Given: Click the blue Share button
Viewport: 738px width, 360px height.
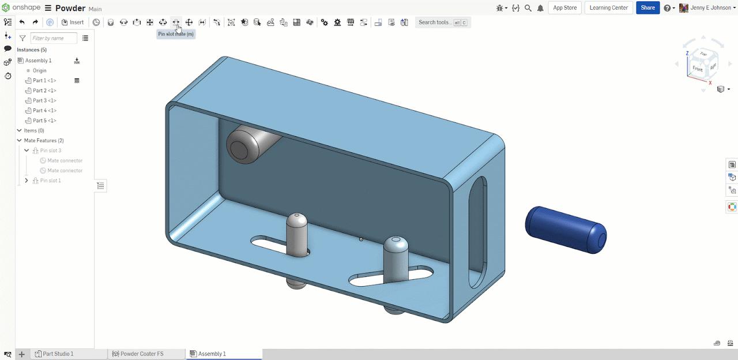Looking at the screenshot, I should pyautogui.click(x=647, y=8).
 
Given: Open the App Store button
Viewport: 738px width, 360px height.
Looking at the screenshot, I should pyautogui.click(x=564, y=8).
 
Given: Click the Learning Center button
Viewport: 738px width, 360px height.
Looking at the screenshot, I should pyautogui.click(x=609, y=8).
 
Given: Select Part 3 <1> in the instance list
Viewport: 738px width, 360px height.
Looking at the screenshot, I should pyautogui.click(x=44, y=100).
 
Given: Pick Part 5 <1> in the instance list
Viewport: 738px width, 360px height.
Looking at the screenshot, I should pyautogui.click(x=44, y=121).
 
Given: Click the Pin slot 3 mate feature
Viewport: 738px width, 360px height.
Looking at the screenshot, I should pyautogui.click(x=50, y=151).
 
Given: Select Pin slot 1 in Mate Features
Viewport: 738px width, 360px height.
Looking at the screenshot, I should pyautogui.click(x=50, y=181).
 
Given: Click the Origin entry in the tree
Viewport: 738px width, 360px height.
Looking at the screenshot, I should pyautogui.click(x=39, y=70).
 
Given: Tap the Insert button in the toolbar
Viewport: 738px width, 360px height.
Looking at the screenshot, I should pyautogui.click(x=73, y=22).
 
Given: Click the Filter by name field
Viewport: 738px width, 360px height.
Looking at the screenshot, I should pyautogui.click(x=54, y=38).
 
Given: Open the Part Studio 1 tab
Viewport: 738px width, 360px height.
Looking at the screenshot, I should pyautogui.click(x=58, y=354).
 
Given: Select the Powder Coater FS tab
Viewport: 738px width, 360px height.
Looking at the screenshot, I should pyautogui.click(x=141, y=354).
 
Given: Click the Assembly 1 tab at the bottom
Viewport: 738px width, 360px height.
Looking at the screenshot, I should pyautogui.click(x=212, y=354).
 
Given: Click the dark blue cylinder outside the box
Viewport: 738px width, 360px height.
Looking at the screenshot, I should pyautogui.click(x=565, y=229).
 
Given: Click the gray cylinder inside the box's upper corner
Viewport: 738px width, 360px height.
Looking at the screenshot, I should pyautogui.click(x=248, y=144).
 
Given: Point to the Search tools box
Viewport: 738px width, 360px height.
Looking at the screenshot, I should pyautogui.click(x=442, y=22).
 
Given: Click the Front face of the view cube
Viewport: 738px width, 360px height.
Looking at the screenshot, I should pyautogui.click(x=698, y=69).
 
